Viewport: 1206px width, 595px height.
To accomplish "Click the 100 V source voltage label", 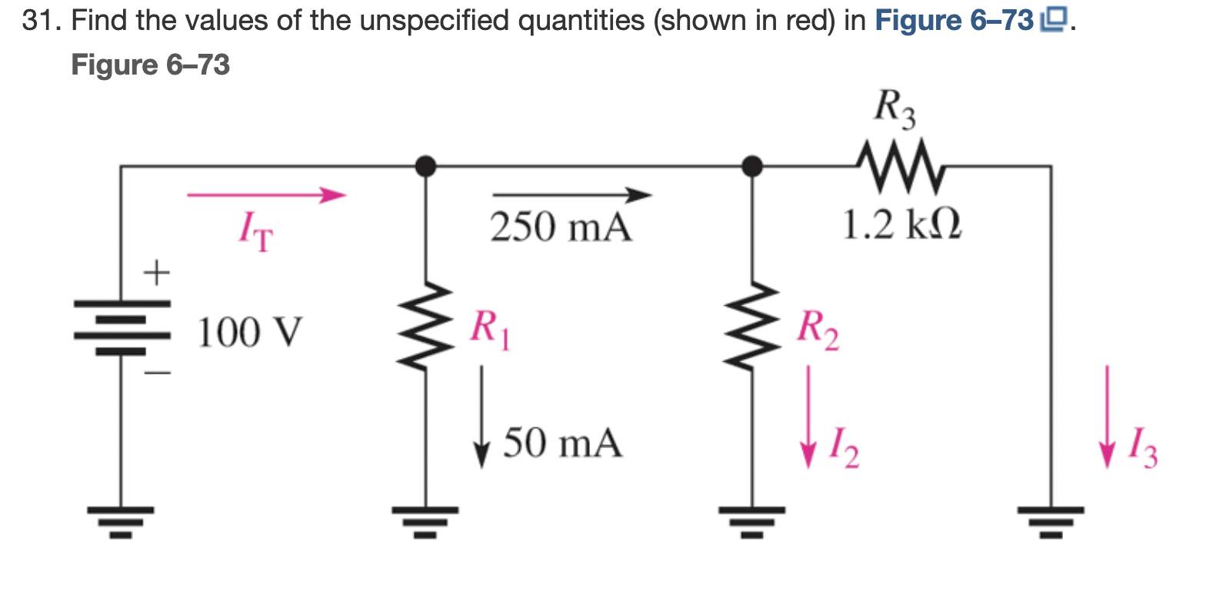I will (250, 334).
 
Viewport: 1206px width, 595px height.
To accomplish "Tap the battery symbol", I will (121, 326).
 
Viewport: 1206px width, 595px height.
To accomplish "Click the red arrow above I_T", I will (266, 195).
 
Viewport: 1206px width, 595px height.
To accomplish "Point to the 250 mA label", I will (561, 228).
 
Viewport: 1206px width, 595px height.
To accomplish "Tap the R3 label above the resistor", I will (895, 109).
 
